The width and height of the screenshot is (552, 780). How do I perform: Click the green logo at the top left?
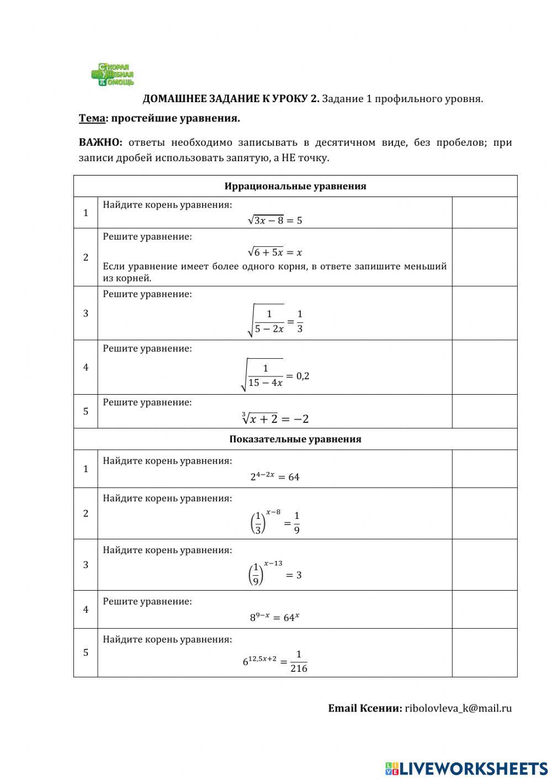[113, 75]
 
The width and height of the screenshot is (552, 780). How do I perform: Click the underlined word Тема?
[92, 118]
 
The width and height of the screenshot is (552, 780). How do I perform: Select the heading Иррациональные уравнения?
[295, 186]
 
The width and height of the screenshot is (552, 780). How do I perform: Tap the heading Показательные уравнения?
[295, 439]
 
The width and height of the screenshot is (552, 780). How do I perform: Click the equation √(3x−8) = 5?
[275, 220]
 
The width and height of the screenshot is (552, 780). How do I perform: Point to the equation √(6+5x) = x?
[275, 252]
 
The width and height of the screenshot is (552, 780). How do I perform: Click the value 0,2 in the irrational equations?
[302, 376]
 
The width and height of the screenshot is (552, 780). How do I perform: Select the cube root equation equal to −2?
[275, 418]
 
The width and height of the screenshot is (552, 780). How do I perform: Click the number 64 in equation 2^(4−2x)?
[294, 477]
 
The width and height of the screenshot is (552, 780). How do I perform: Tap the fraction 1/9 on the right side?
[296, 523]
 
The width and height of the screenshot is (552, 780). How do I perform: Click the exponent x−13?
[273, 563]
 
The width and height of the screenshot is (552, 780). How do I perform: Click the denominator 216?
[299, 668]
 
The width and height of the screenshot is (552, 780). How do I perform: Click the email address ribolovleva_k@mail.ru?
[458, 708]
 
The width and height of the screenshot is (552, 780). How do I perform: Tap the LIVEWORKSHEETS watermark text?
[474, 768]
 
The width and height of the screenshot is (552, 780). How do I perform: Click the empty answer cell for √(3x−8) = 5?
[484, 213]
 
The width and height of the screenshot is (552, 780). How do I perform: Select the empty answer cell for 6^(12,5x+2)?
[484, 652]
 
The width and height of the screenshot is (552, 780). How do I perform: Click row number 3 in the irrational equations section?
[86, 313]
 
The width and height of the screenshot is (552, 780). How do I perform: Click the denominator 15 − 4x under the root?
[266, 383]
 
